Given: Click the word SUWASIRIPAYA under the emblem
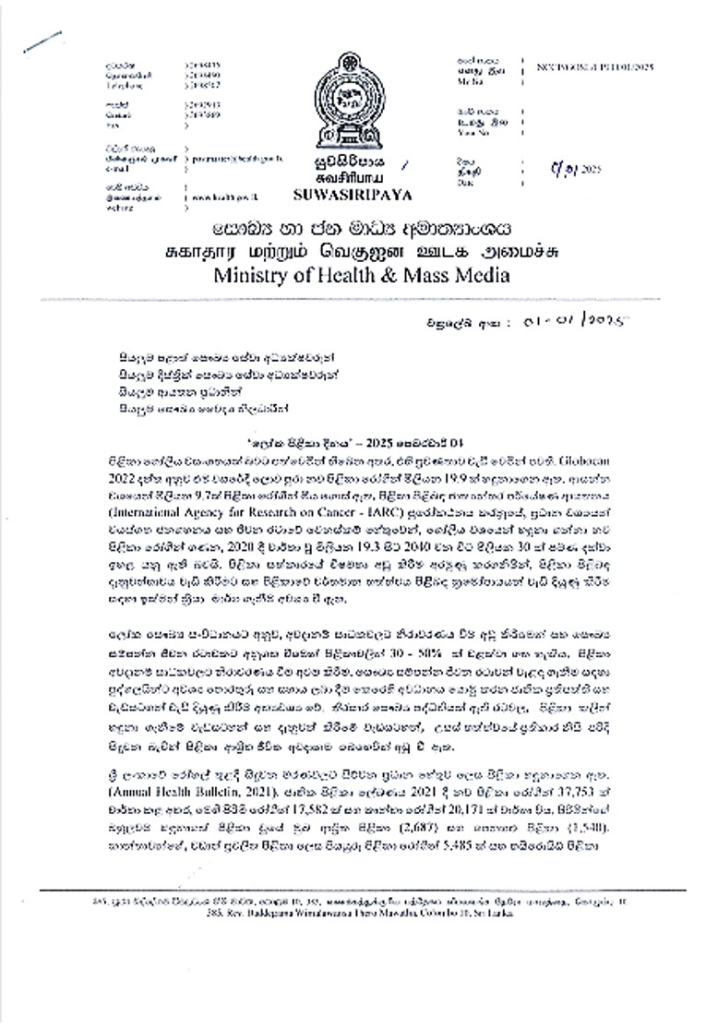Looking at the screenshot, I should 341,195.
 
